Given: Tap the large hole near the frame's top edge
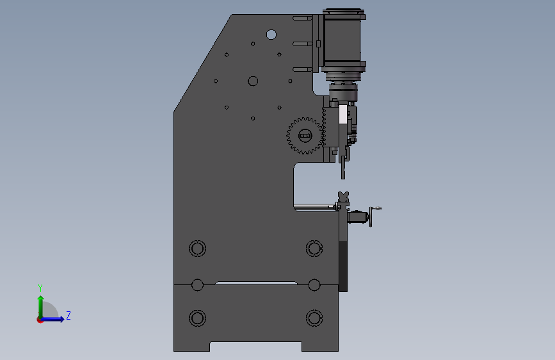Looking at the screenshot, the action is (271, 35).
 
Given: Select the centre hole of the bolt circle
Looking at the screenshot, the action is (253, 81).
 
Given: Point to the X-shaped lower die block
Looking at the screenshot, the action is (343, 197).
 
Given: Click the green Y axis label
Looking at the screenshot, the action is (40, 288).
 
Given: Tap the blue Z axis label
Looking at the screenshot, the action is (68, 315).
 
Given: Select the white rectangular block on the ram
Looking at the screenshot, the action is (343, 115).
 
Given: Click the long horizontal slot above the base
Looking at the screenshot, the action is (256, 283).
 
